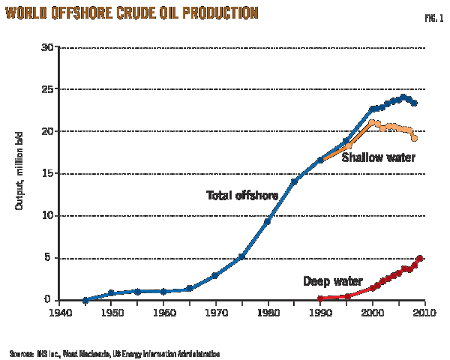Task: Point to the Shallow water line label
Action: (378, 157)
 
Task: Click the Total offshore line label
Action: (242, 195)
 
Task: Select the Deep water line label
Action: (333, 281)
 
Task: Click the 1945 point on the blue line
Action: (85, 299)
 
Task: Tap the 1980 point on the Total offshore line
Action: (268, 220)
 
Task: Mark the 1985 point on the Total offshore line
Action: (294, 181)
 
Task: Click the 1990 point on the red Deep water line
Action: (320, 298)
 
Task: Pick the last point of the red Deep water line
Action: (420, 259)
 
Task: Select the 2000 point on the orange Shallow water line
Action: (372, 122)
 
